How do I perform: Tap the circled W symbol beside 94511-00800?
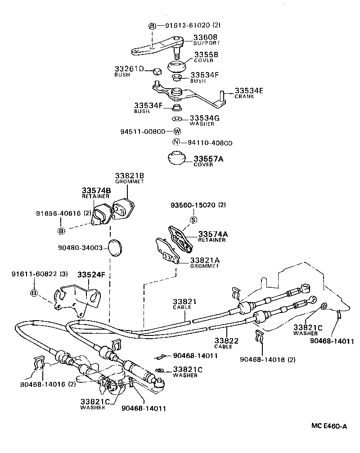pos(177,131)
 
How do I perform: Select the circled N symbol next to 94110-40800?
pos(177,143)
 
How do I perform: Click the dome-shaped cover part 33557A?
pos(176,160)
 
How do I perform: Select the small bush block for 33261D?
pos(157,71)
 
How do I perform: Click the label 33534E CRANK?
pos(248,93)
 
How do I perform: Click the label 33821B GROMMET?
pos(129,178)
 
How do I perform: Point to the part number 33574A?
pos(214,234)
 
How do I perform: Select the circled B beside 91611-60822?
pos(34,293)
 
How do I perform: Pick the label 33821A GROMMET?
pos(204,263)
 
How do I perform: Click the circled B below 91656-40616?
pos(61,231)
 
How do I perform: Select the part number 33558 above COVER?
pos(206,54)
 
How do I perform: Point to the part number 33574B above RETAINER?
pos(96,190)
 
